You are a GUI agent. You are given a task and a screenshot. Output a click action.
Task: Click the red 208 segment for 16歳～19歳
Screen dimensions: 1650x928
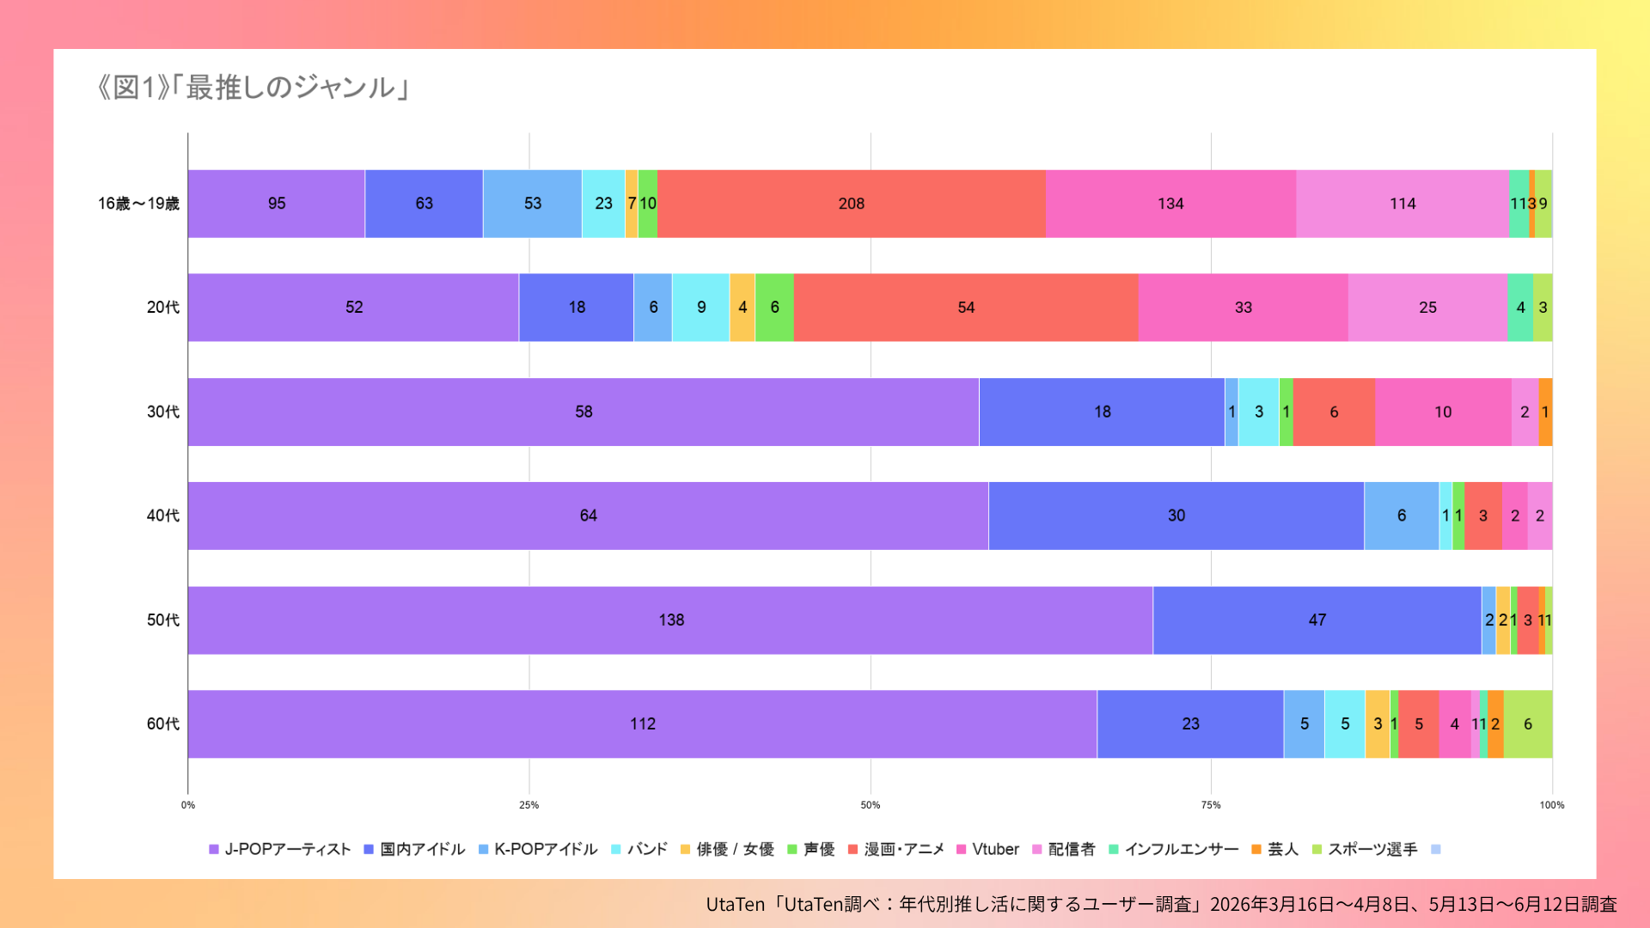(852, 204)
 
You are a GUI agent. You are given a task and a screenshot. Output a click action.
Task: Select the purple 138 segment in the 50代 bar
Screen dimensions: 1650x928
(670, 620)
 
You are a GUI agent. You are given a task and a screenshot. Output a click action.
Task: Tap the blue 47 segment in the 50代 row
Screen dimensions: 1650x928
(1317, 620)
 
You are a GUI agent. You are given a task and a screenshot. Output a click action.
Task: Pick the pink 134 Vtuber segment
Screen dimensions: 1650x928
(1171, 204)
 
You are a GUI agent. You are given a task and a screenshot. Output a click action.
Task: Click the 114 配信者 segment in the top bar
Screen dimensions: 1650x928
(1402, 204)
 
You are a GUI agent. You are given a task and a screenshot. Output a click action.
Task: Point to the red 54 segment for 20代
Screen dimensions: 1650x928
(966, 308)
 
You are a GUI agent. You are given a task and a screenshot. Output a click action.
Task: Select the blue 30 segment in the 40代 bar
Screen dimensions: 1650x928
(1176, 516)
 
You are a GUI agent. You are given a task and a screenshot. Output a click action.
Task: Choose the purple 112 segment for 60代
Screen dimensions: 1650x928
(643, 723)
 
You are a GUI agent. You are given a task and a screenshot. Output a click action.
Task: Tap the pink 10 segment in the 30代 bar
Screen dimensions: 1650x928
(1443, 412)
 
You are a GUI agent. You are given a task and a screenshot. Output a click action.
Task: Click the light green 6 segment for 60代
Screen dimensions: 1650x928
(1528, 723)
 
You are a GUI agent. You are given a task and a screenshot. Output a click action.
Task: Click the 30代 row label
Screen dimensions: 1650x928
(163, 412)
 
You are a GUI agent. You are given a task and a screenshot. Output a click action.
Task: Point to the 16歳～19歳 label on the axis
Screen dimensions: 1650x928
(138, 204)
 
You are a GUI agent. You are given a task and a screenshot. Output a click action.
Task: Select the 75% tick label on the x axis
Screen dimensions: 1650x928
(1211, 805)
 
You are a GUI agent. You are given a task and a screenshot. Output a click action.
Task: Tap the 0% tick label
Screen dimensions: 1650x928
(188, 805)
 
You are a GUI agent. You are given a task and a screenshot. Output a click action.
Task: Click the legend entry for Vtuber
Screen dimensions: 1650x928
(987, 849)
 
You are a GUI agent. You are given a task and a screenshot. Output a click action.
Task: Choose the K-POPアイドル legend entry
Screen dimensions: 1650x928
(538, 849)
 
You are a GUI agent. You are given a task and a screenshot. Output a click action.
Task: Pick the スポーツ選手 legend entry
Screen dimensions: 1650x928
(1365, 849)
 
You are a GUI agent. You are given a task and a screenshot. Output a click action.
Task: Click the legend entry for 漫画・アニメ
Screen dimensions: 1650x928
(896, 849)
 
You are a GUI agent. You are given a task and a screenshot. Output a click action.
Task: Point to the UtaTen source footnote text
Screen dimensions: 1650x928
(1162, 904)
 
